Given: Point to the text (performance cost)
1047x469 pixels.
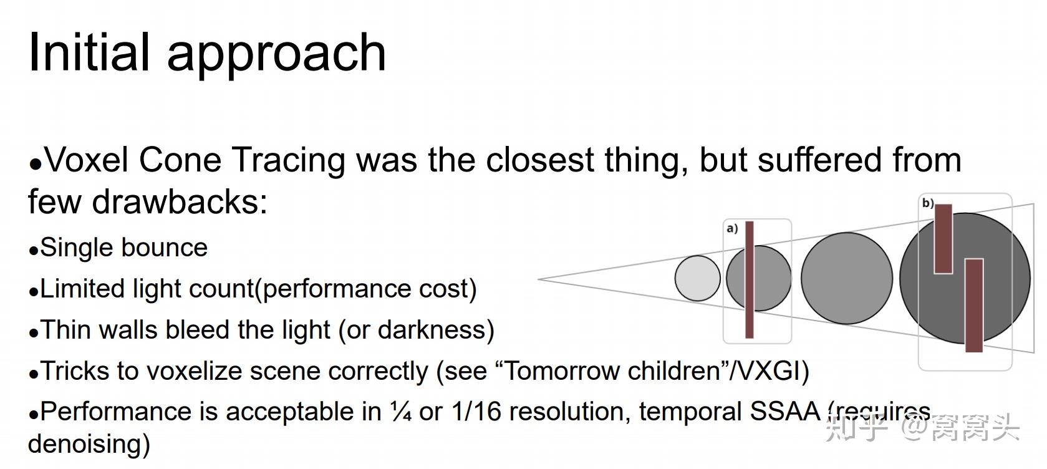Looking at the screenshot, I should coord(365,289).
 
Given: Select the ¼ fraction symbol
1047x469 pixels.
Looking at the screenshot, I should coord(400,412).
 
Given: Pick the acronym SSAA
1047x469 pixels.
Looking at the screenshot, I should coord(784,412).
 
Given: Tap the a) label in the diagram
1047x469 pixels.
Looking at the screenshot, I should coord(732,229).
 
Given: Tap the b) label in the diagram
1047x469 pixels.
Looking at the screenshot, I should coord(928,203).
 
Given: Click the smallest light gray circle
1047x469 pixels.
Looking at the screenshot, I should coord(698,278).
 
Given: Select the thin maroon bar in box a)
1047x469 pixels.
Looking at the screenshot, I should coord(750,279).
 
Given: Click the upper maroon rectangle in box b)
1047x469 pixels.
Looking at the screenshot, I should coord(943,238).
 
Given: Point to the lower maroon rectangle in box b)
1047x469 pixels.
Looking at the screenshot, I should coord(973,305).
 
